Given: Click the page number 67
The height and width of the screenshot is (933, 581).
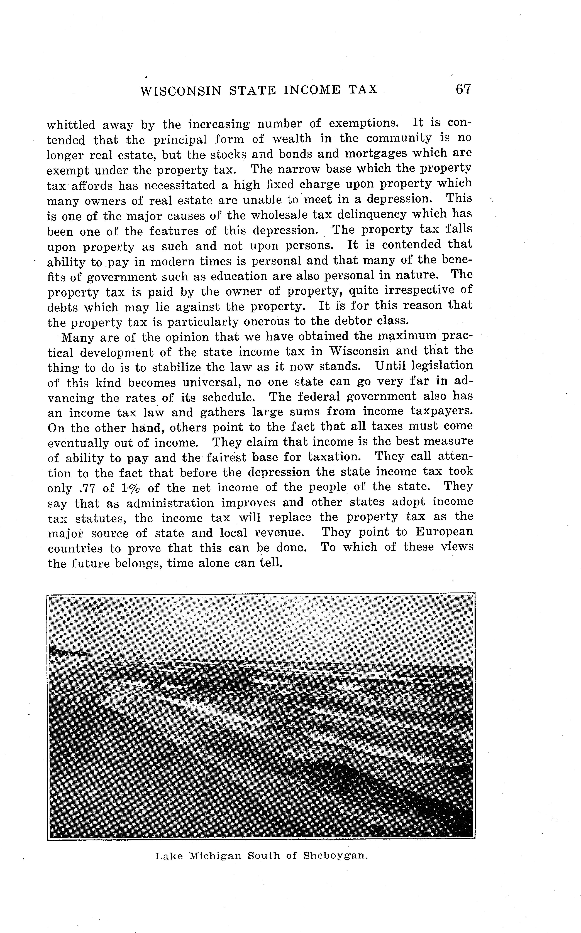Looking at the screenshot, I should click(x=463, y=90).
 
